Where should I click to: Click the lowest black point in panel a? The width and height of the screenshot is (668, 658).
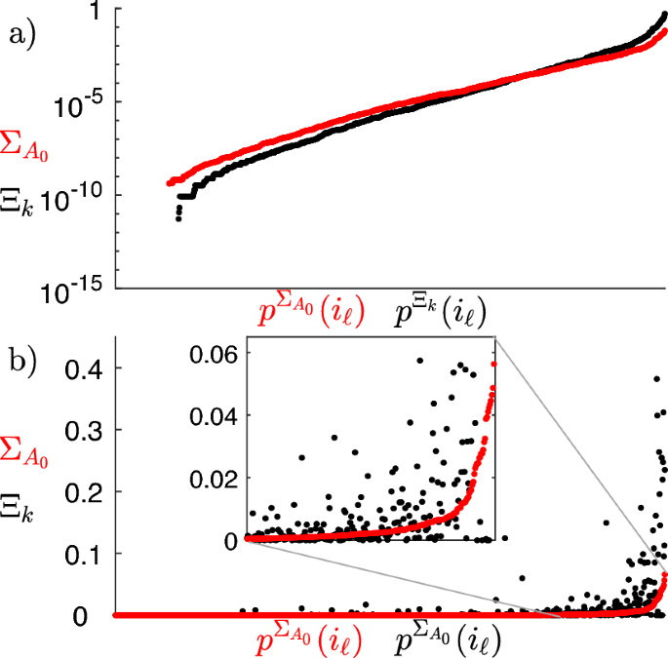(178, 218)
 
